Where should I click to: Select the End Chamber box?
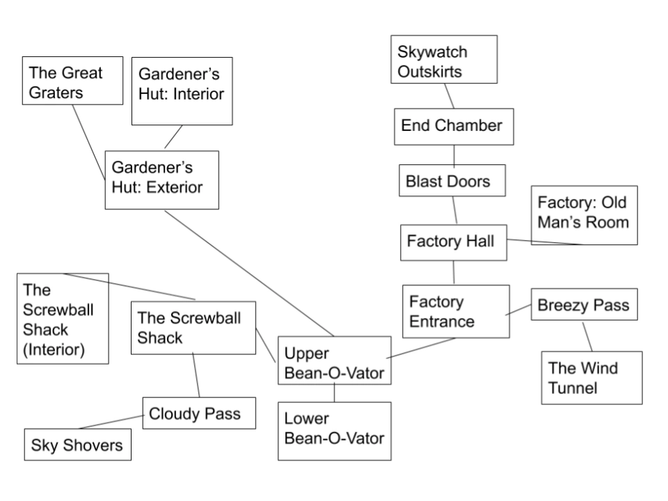(x=453, y=126)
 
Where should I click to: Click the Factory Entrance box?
(x=453, y=311)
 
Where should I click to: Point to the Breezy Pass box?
(x=584, y=305)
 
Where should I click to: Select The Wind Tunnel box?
(x=591, y=377)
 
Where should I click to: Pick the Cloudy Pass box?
(x=198, y=413)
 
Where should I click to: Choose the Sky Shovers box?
(x=77, y=445)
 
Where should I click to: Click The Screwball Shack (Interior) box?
(x=63, y=318)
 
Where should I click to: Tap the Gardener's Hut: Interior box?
(x=181, y=91)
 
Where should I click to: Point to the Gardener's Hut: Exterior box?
(x=161, y=179)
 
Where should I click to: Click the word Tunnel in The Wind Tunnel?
(x=573, y=388)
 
